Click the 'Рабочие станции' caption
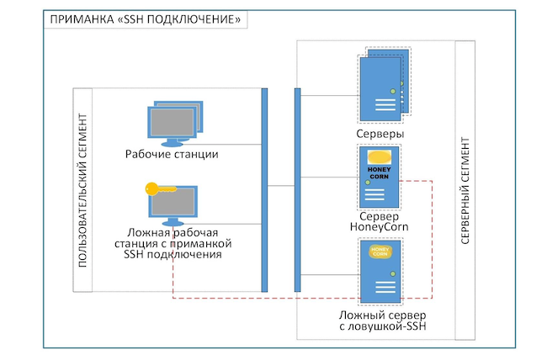point(172,154)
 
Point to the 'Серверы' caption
point(380,134)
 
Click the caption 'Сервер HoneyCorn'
point(380,221)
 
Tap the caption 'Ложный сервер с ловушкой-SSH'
point(380,320)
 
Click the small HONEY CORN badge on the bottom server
point(380,251)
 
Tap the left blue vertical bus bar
point(264,189)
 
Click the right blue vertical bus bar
point(297,189)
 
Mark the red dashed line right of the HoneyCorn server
point(433,236)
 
